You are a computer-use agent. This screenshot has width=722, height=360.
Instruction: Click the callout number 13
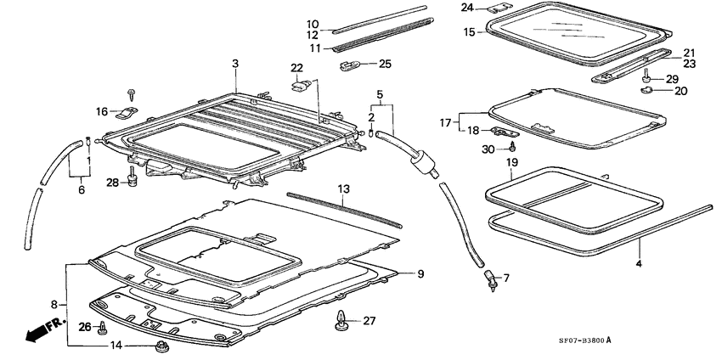click(343, 188)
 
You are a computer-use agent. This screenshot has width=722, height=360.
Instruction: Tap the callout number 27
click(368, 321)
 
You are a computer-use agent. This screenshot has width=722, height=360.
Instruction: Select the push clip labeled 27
click(342, 321)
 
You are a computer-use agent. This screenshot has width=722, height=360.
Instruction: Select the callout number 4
click(639, 264)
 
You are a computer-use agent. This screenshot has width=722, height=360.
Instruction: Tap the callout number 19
click(511, 161)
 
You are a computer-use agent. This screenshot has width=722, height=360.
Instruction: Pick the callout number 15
click(468, 31)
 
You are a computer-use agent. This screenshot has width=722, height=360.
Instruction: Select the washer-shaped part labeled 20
click(645, 88)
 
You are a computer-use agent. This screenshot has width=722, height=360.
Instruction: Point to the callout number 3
click(235, 64)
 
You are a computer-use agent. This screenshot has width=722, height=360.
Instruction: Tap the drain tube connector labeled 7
click(490, 279)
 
